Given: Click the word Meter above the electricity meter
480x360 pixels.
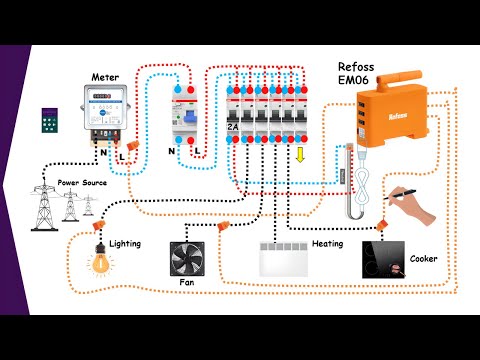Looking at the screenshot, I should click(x=105, y=77).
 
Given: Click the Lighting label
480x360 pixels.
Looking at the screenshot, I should click(x=125, y=243).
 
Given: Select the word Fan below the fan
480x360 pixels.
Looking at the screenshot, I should click(x=187, y=283).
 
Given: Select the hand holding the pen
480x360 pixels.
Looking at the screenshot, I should click(x=415, y=207).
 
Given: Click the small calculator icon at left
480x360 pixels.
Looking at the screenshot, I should click(x=50, y=120).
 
